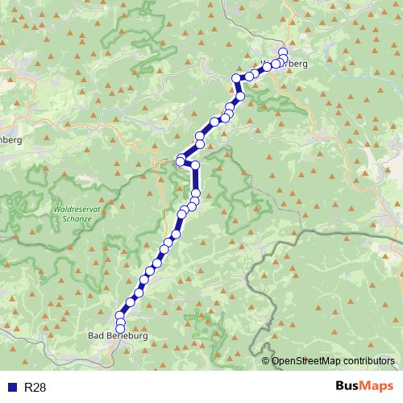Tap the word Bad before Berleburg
click(x=95, y=336)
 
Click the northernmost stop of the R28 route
click(x=283, y=52)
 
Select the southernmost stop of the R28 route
click(x=121, y=329)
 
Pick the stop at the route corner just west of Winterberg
click(x=237, y=78)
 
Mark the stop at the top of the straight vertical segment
click(x=195, y=164)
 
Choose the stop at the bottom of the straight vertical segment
click(x=196, y=193)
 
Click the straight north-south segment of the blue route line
click(x=196, y=179)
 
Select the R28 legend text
click(x=35, y=388)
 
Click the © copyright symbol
click(x=265, y=361)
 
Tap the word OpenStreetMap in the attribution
click(x=305, y=361)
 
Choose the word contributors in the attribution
click(x=369, y=361)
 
